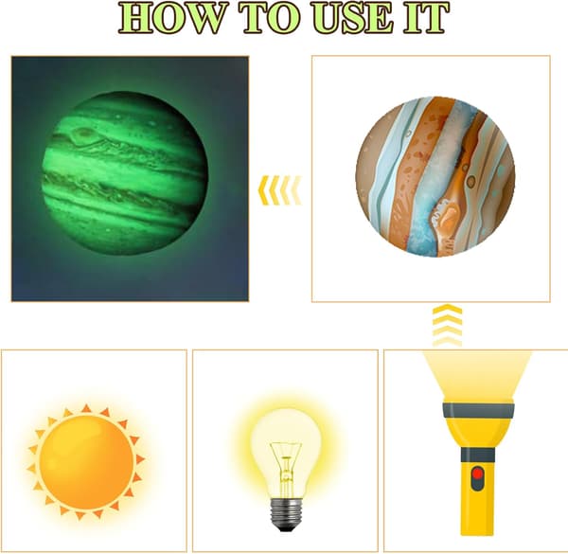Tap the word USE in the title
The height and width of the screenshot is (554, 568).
pos(352,18)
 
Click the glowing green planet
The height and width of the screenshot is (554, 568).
pos(124,173)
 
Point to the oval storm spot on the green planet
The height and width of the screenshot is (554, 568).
pos(82,134)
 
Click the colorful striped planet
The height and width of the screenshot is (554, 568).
pos(435,177)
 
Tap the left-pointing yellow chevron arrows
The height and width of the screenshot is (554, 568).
pos(279,190)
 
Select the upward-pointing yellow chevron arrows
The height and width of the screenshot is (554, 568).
pos(448,325)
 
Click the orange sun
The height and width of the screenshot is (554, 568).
pos(86,462)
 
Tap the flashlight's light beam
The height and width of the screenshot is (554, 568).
pos(478,375)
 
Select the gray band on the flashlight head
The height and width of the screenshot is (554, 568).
pos(478,410)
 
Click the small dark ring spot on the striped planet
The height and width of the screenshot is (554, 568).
pos(470,181)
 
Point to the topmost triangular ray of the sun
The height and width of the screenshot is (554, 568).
pos(86,408)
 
